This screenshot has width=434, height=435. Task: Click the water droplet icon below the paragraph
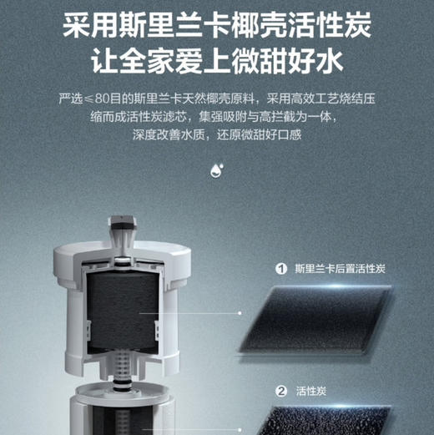tap(217, 170)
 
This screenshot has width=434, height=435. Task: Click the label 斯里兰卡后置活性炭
tap(339, 269)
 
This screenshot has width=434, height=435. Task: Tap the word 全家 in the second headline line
tap(147, 63)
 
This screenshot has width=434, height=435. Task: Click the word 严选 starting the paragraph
tap(71, 99)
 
